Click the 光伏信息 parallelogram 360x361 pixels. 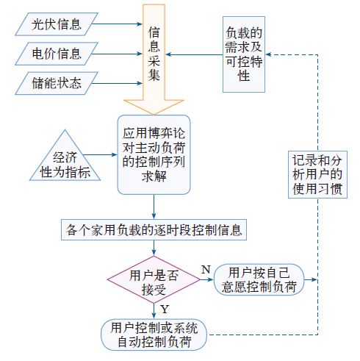pos(57,24)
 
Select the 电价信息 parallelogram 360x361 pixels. pos(57,54)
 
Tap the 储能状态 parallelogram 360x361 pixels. pos(57,83)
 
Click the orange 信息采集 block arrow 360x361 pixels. pos(154,59)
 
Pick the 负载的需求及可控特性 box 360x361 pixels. pos(244,54)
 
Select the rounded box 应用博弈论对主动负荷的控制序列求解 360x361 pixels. pos(154,154)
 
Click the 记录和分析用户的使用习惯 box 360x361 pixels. pos(317,174)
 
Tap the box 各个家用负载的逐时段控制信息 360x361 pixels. pos(154,229)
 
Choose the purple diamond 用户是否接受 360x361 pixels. pos(154,279)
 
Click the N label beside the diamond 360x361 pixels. pos(206,270)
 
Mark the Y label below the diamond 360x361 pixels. pos(165,310)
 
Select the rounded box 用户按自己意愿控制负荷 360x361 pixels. pos(259,279)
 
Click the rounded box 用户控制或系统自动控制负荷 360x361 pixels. pos(154,335)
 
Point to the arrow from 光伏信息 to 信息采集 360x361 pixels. pos(117,24)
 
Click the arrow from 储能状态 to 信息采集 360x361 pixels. pos(117,83)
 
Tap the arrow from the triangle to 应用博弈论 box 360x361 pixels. pos(100,154)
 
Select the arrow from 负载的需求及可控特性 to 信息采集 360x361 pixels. pos(194,54)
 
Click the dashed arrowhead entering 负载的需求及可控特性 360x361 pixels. pos(268,54)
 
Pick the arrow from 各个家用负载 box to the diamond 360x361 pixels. pos(154,248)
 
